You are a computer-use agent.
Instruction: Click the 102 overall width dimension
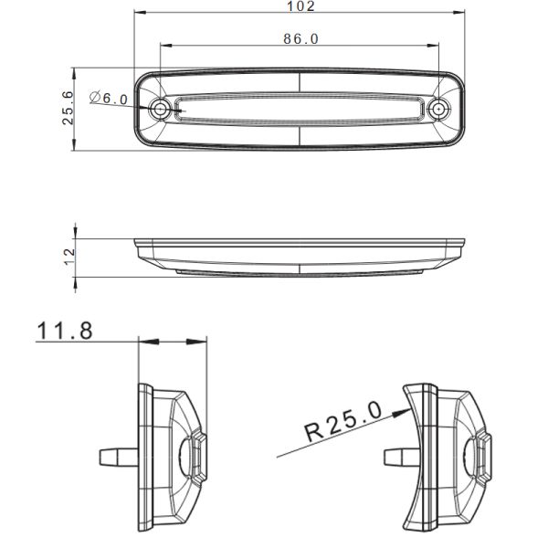pos(300,6)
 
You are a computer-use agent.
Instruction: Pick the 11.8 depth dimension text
pos(65,330)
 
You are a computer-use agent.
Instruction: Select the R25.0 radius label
pos(342,423)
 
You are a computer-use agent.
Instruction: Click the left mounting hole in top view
pos(162,110)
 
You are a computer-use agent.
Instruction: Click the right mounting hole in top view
pos(439,110)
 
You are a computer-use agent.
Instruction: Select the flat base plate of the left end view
pos(142,457)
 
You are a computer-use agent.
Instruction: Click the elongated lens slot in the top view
pos(300,109)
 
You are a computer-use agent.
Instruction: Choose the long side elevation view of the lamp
pos(300,255)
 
